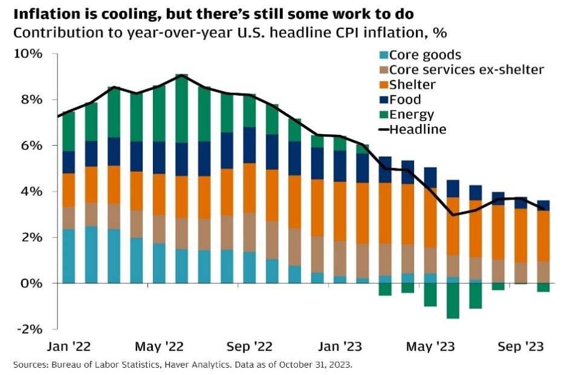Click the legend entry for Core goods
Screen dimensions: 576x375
coord(420,55)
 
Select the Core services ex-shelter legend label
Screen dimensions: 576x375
coord(462,70)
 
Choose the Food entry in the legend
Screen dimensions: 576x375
coord(400,100)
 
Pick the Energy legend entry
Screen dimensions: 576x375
coord(407,115)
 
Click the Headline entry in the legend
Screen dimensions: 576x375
coord(413,129)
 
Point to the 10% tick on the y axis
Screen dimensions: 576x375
coord(28,54)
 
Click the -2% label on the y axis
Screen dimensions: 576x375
coord(30,329)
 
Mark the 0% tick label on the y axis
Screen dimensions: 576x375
coord(31,284)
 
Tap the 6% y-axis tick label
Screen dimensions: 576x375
coord(31,146)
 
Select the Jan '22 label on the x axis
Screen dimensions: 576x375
coord(69,347)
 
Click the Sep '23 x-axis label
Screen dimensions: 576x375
coord(520,347)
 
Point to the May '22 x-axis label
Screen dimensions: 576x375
coord(159,347)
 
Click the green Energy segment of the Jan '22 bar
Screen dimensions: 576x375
coord(69,131)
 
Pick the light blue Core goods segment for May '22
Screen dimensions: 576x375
coord(159,263)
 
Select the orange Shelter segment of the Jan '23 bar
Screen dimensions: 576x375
coord(340,212)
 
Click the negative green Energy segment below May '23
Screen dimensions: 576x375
coord(430,295)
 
